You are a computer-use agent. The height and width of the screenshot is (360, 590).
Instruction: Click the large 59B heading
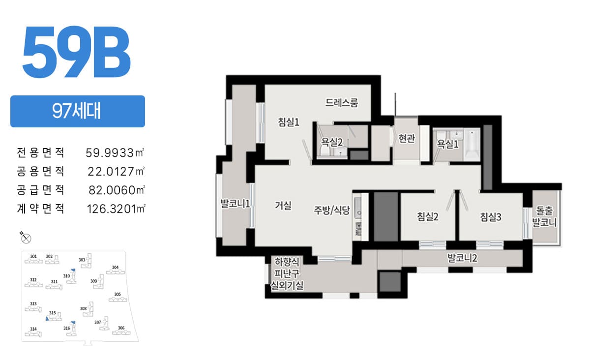pyautogui.click(x=76, y=52)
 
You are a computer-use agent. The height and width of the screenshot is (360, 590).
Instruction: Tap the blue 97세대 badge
pyautogui.click(x=78, y=111)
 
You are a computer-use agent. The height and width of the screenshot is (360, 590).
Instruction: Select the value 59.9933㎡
pyautogui.click(x=115, y=152)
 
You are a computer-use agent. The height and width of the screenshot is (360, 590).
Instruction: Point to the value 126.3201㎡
pyautogui.click(x=116, y=209)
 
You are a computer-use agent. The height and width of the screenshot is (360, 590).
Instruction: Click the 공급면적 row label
pyautogui.click(x=40, y=190)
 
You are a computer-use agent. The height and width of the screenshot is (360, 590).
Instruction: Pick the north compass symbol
pyautogui.click(x=26, y=238)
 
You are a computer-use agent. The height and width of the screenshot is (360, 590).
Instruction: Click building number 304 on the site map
pyautogui.click(x=116, y=267)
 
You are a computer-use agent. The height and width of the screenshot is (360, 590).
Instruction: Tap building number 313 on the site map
pyautogui.click(x=33, y=303)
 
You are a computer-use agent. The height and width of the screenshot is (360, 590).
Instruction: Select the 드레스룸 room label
pyautogui.click(x=342, y=103)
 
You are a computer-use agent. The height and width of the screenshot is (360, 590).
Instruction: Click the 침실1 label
pyautogui.click(x=289, y=122)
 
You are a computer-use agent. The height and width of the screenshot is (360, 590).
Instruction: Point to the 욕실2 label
pyautogui.click(x=332, y=142)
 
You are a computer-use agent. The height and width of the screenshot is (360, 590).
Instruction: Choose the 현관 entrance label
pyautogui.click(x=407, y=138)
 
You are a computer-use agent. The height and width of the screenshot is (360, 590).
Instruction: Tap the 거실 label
pyautogui.click(x=283, y=206)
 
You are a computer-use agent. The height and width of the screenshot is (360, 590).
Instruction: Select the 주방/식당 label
pyautogui.click(x=331, y=210)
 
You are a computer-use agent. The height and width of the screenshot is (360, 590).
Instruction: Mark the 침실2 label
pyautogui.click(x=428, y=216)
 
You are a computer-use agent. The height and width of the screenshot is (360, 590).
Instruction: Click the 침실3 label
pyautogui.click(x=491, y=217)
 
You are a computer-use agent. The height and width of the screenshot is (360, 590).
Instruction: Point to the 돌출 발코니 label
pyautogui.click(x=544, y=216)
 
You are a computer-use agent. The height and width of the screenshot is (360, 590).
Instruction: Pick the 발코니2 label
pyautogui.click(x=462, y=258)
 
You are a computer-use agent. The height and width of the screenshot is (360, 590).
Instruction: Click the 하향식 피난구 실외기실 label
pyautogui.click(x=287, y=273)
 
